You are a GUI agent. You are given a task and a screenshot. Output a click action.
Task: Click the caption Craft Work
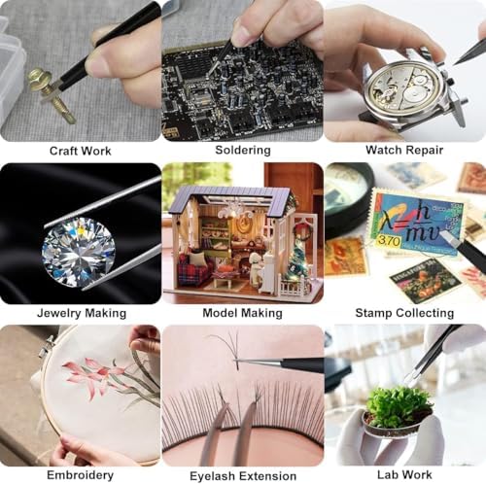coord(80,151)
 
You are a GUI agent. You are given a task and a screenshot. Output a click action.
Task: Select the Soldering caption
coord(243,150)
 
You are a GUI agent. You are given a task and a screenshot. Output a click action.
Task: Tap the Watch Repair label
coord(404,150)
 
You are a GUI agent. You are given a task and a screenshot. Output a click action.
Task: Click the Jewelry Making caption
coord(82,313)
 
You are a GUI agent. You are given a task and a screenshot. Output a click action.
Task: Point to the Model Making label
coord(243,313)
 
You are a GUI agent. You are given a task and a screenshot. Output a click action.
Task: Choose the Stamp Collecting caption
coord(404,313)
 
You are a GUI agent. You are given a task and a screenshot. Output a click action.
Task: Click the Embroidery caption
coord(81,475)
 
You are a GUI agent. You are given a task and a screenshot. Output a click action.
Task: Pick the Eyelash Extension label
coord(243,476)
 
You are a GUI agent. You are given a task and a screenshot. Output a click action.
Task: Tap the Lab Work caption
coord(404,475)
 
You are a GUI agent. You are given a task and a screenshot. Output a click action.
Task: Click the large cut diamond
coord(79,252)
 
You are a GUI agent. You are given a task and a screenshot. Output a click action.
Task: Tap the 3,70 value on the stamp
coord(389,241)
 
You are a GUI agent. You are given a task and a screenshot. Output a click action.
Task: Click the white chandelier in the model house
coord(234,211)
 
